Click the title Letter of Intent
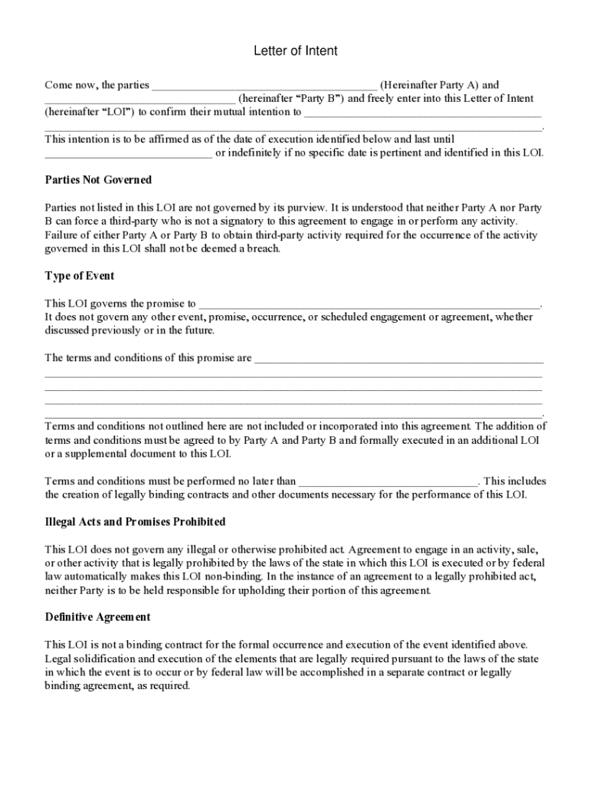[295, 51]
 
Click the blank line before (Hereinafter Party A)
[264, 87]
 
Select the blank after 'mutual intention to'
[423, 113]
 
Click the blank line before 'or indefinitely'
[128, 154]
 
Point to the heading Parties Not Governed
[98, 180]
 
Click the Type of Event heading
[80, 276]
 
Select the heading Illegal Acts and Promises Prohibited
[135, 522]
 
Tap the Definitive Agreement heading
[97, 617]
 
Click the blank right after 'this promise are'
[398, 359]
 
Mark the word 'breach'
[263, 249]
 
